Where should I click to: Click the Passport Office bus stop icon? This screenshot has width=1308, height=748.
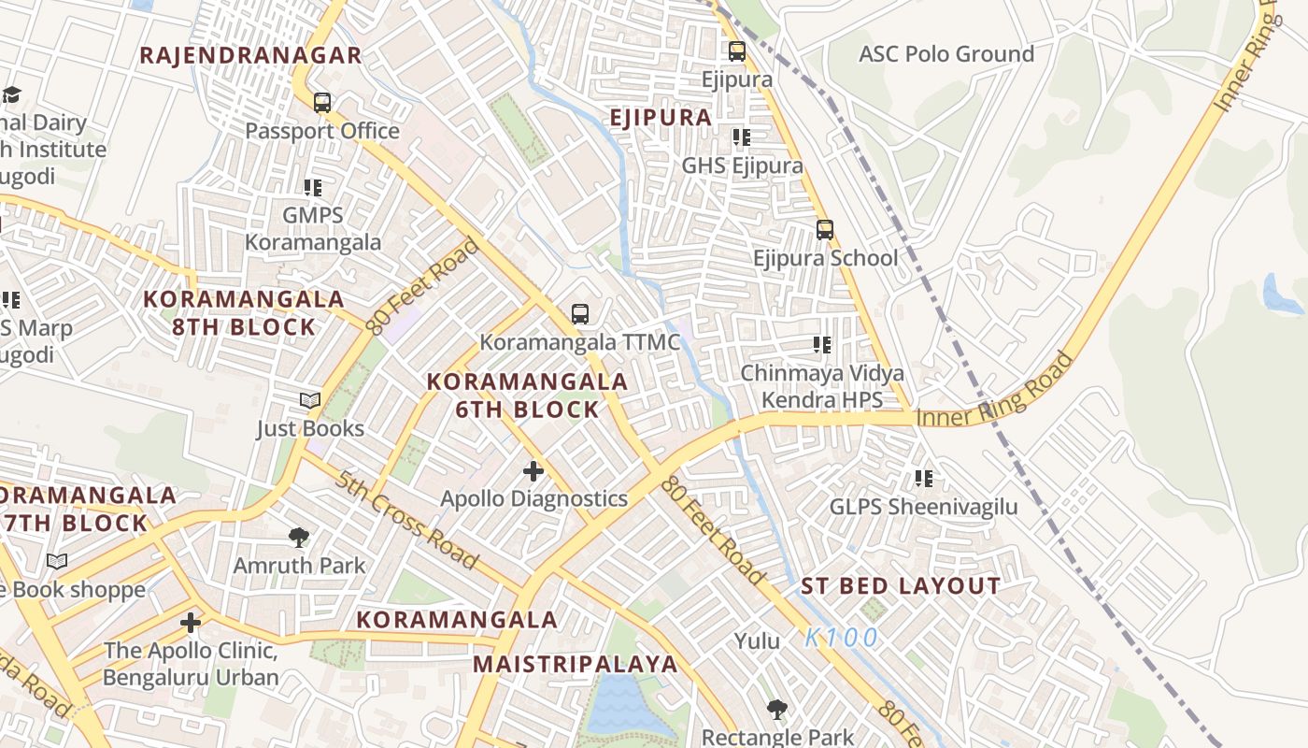(322, 103)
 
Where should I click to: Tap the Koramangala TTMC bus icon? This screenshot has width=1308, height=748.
(580, 314)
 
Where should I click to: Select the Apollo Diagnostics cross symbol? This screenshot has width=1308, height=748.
(533, 470)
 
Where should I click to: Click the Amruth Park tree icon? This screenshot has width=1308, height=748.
(299, 538)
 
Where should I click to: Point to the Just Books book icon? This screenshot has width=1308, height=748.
(310, 401)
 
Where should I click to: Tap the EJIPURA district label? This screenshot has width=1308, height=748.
(661, 118)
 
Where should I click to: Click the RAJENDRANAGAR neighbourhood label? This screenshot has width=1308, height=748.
(250, 55)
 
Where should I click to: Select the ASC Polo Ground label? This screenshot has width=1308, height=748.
(946, 54)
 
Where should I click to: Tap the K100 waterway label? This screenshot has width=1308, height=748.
(842, 639)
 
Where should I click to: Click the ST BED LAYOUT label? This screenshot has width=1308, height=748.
(901, 587)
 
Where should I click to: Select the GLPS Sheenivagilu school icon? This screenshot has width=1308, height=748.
(924, 479)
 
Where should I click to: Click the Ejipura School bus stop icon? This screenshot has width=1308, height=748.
(824, 229)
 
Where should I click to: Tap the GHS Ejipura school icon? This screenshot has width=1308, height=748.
(742, 138)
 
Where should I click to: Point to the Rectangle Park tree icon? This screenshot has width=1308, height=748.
(776, 710)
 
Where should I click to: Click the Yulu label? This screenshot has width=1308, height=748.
(757, 641)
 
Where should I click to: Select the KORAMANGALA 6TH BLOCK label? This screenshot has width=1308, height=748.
(528, 396)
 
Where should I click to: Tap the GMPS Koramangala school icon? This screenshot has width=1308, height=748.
(313, 188)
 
